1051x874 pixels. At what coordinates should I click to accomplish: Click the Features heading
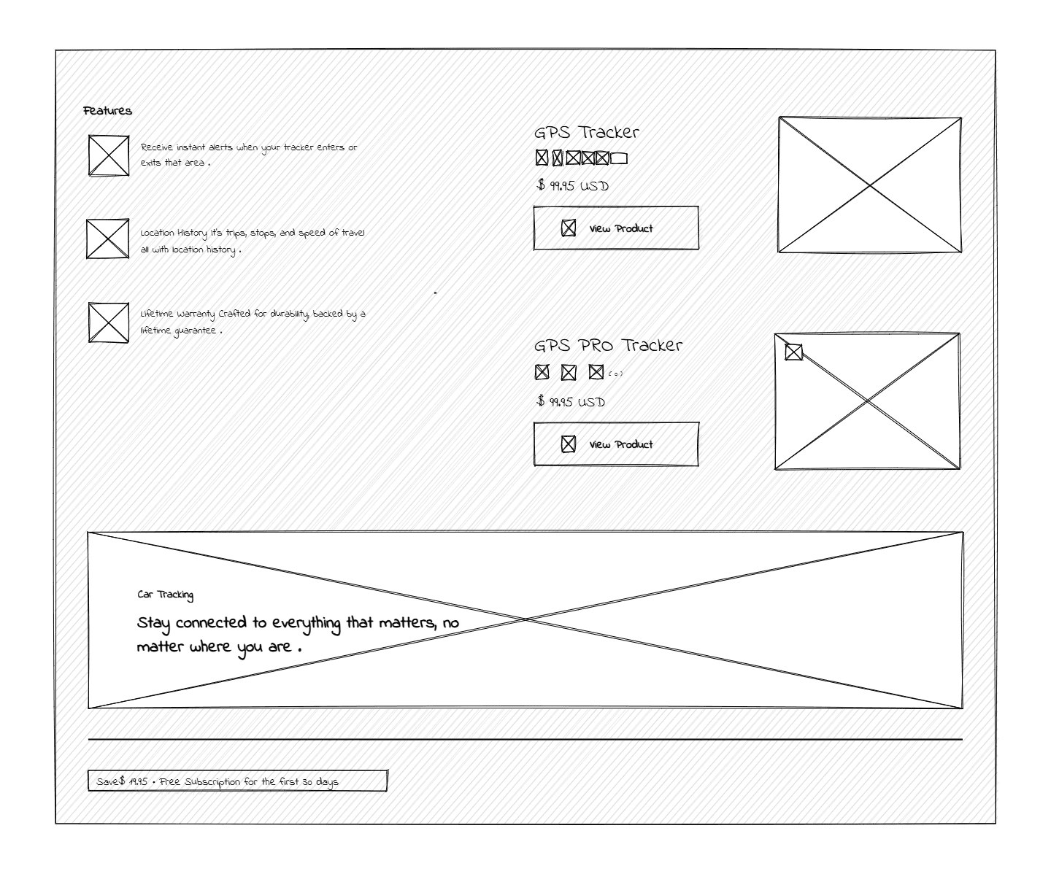107,111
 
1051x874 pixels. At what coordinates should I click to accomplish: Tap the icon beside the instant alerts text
109,155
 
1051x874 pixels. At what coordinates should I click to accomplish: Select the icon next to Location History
107,239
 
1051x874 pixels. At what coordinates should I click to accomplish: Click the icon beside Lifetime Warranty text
109,322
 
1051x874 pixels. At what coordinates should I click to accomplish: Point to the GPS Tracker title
586,132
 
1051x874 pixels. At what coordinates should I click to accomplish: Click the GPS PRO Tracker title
608,345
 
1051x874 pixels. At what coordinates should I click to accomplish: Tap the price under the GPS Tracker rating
572,185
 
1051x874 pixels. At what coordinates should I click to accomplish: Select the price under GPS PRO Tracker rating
571,401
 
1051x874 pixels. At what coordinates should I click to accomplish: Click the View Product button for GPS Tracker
615,228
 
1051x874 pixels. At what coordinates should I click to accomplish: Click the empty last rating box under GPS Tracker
619,158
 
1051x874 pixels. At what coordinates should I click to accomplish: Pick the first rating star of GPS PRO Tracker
542,372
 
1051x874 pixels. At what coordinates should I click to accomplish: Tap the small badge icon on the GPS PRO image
793,352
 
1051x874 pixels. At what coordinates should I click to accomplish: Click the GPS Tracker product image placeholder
869,185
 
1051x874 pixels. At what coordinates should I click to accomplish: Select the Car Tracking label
165,595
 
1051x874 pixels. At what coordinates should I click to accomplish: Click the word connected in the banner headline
210,623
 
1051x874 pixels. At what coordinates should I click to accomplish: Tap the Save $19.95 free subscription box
237,781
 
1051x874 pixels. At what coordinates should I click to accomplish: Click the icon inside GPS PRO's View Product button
568,444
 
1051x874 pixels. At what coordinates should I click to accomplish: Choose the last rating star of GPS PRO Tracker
596,372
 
